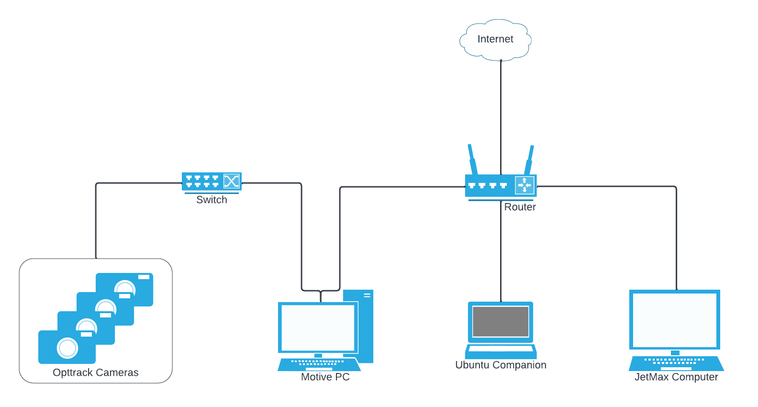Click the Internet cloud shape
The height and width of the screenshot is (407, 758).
coord(495,40)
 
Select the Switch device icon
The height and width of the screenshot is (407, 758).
coord(212,181)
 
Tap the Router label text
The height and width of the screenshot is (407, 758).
coord(520,207)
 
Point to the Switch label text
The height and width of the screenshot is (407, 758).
coord(212,200)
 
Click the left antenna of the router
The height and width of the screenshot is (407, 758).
coord(472,159)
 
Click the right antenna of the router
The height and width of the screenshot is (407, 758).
coord(529,160)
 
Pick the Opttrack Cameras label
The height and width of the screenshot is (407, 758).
coord(96,373)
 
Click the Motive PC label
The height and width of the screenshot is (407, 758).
coord(325,377)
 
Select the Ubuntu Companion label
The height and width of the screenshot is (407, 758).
coord(501,365)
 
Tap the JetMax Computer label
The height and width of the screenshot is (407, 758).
coord(676,377)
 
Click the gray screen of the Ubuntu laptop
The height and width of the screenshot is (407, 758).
coord(501,321)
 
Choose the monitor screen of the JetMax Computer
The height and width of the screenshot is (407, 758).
coord(674,320)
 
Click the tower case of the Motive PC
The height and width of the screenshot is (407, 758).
coord(366,326)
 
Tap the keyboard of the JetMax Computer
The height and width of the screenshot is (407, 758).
coord(676,362)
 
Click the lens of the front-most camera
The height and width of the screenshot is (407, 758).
coord(67,348)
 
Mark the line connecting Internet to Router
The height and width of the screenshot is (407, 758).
coord(501,115)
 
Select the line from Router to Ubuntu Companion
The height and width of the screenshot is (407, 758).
coord(501,254)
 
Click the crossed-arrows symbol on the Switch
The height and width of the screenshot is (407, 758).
coord(232,181)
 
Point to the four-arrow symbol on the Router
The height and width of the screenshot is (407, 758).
coord(524,185)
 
